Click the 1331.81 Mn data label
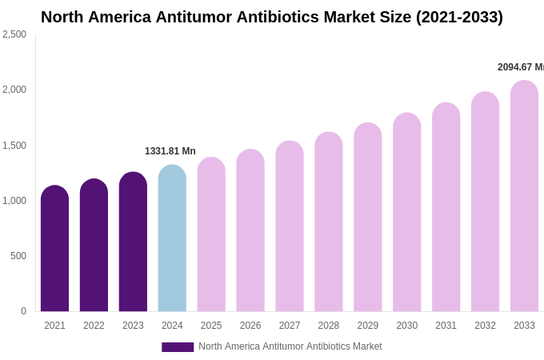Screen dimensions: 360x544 click(170, 151)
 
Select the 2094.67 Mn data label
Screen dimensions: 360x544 click(520, 67)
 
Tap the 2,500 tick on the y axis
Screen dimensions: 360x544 click(14, 34)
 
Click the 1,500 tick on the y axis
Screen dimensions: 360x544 click(14, 146)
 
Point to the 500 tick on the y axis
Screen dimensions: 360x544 click(18, 256)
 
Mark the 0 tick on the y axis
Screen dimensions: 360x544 click(23, 311)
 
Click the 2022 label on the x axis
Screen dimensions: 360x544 click(94, 326)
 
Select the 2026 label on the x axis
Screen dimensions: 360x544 click(250, 326)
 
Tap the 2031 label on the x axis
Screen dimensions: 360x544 click(446, 326)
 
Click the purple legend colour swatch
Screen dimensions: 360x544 click(178, 347)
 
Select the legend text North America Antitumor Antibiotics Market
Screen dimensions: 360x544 click(290, 346)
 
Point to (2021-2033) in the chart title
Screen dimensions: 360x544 click(459, 17)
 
